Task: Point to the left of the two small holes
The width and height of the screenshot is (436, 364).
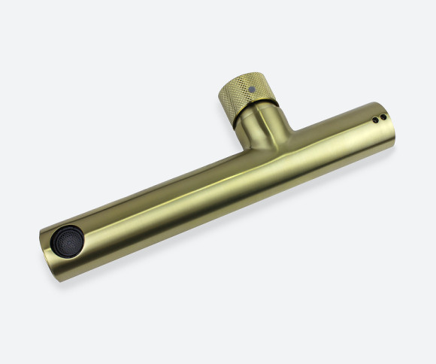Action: (x=375, y=120)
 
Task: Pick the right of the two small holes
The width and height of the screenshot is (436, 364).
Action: (x=383, y=117)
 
